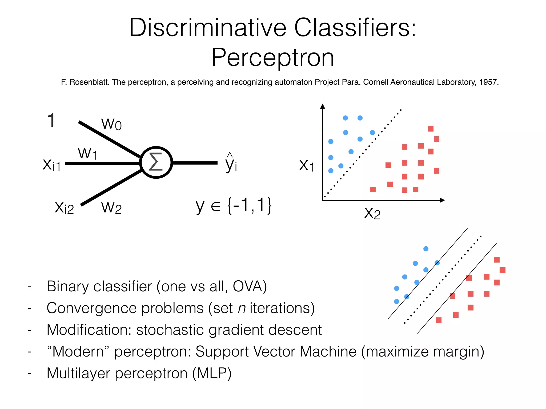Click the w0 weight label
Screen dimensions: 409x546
(111, 124)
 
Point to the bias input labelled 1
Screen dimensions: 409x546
(51, 120)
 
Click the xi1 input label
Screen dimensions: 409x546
(52, 165)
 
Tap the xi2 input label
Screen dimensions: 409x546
(64, 208)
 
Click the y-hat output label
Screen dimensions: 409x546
(231, 163)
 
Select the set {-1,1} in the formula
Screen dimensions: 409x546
(249, 205)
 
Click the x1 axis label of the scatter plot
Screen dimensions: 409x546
(307, 165)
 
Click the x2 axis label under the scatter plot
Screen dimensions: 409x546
(372, 213)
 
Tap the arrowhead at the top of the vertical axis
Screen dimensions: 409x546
(323, 106)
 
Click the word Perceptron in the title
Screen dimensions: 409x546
(272, 58)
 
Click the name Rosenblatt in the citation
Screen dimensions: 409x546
(90, 82)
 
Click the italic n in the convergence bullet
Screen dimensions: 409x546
(242, 308)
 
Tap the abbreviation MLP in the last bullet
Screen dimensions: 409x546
(212, 373)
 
